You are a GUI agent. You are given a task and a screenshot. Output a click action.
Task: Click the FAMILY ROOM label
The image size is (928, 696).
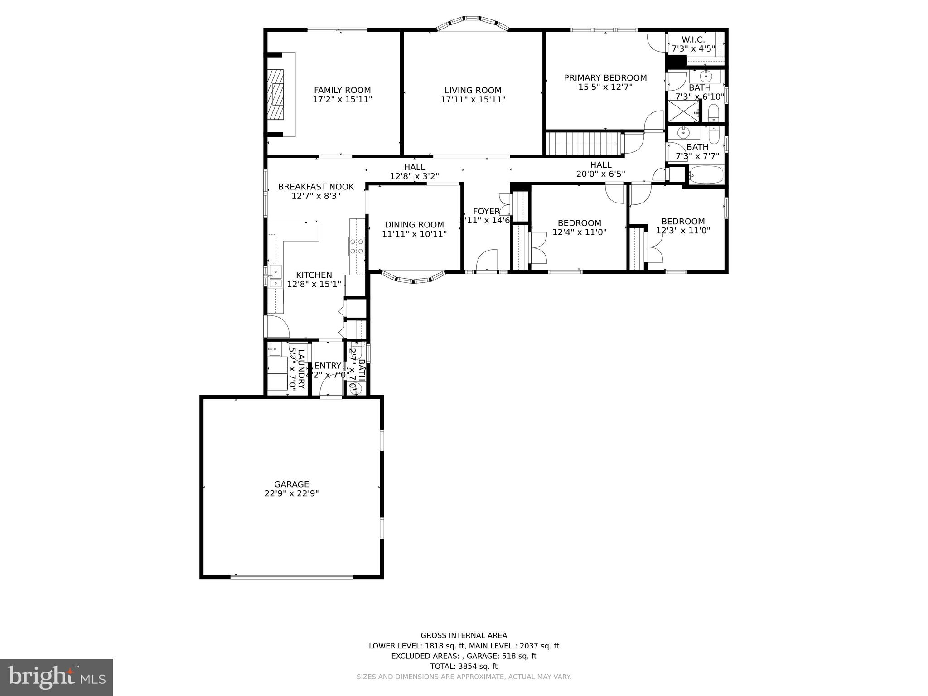[342, 90]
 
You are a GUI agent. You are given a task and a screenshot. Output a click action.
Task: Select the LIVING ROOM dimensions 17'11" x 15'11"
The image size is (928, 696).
[473, 99]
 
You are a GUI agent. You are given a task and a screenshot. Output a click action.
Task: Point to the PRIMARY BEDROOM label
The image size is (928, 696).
[605, 78]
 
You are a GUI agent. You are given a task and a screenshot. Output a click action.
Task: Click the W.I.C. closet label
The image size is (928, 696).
[693, 40]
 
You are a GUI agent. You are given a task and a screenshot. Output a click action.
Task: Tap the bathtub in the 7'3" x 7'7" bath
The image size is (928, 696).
[706, 174]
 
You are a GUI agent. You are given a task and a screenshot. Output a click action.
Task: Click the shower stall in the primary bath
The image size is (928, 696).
[683, 111]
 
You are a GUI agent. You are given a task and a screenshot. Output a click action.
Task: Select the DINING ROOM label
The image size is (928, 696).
[414, 225]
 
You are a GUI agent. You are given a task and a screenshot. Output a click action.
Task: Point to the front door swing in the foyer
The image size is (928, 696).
[487, 261]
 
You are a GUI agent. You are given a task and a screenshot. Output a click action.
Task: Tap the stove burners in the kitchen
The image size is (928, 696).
[357, 246]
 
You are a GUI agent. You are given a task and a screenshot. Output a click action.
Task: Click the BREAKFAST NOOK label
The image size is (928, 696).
[316, 187]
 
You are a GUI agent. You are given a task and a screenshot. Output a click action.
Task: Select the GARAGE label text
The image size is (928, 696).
[291, 484]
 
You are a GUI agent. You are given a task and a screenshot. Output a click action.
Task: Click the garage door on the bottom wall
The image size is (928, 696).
[291, 577]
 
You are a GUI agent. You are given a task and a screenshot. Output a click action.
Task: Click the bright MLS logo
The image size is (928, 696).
[57, 677]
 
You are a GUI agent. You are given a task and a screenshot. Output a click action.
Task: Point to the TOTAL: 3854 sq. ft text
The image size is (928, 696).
[464, 666]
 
